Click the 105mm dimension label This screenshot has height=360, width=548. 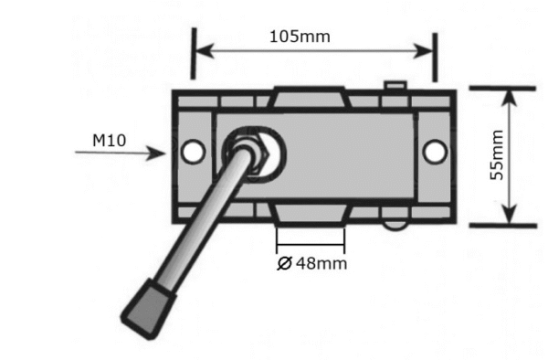(300, 37)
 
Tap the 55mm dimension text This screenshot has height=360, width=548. (498, 155)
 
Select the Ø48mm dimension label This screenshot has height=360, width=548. (311, 264)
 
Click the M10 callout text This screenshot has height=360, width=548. (109, 141)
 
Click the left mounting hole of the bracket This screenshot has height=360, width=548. (193, 152)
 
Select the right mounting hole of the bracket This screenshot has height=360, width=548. (433, 151)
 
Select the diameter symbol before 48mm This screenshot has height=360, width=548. (283, 264)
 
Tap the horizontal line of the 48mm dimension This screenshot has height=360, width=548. (311, 247)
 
